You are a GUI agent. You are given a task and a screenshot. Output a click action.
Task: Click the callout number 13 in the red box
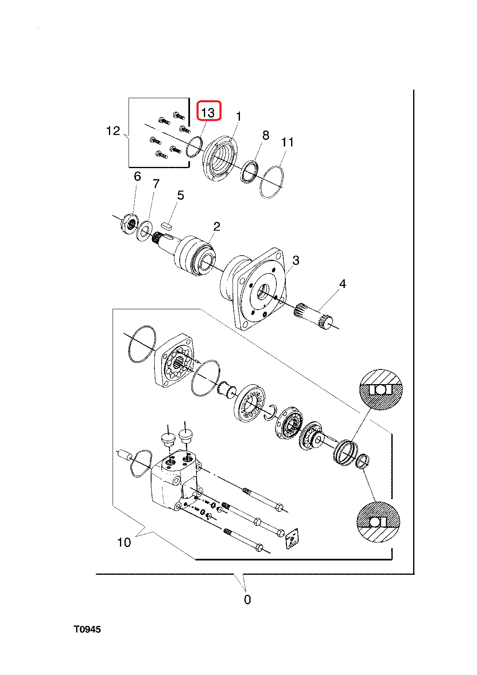(208, 112)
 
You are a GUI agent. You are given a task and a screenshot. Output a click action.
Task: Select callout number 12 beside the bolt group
(113, 131)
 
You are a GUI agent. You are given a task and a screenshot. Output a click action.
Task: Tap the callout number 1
(239, 117)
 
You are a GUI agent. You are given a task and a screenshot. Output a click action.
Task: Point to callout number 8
(266, 135)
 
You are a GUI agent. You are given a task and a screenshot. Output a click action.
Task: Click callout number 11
(287, 142)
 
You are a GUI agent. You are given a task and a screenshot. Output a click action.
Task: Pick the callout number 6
(138, 176)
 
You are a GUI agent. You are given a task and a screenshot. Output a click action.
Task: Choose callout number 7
(156, 184)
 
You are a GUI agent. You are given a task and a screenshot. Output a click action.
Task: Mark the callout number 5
(181, 196)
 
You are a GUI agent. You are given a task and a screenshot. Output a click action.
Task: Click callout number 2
(217, 226)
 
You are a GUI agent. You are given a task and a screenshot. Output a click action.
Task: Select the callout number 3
(296, 260)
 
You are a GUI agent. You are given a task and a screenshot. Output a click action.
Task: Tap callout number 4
(343, 283)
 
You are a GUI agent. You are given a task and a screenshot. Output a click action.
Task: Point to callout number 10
(124, 542)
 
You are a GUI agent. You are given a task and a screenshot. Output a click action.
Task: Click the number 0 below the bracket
(247, 600)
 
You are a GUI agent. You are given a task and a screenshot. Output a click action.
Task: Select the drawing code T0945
(87, 629)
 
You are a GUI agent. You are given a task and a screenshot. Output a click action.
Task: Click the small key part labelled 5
(167, 224)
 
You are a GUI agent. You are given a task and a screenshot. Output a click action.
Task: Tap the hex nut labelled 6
(129, 224)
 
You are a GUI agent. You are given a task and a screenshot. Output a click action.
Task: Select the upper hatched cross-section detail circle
(381, 389)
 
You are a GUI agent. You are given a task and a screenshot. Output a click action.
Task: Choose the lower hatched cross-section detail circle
(378, 522)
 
